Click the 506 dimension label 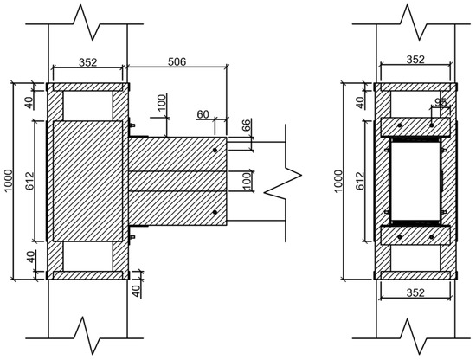[177, 62]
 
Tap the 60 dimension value [203, 114]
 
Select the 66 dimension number [248, 125]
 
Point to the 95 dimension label [441, 102]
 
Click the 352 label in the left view [87, 62]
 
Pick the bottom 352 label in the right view [415, 292]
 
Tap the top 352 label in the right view [415, 60]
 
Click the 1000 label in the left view [9, 180]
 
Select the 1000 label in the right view [338, 181]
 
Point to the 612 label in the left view [29, 181]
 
